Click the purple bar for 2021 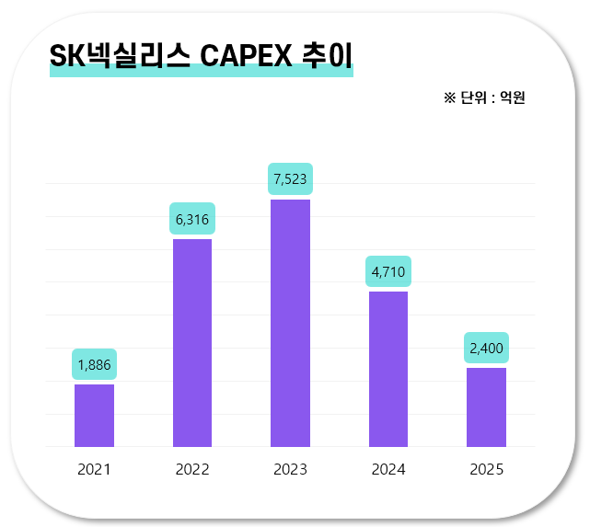tap(94, 416)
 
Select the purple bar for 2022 tap(192, 343)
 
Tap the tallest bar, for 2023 tap(290, 323)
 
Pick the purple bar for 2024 tap(388, 369)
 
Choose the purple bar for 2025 tap(486, 407)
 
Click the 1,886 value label tap(94, 364)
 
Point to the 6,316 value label tap(192, 219)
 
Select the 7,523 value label tap(290, 179)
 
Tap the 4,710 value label tap(388, 271)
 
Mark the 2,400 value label tap(486, 348)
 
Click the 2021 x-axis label tap(94, 469)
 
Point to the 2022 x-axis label tap(192, 469)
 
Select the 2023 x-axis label tap(290, 469)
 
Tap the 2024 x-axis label tap(388, 469)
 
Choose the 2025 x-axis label tap(486, 469)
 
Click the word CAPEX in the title tap(246, 55)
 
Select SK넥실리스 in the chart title tap(120, 55)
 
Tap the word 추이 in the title tap(327, 55)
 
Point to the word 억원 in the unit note tap(513, 97)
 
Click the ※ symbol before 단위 tap(450, 98)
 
